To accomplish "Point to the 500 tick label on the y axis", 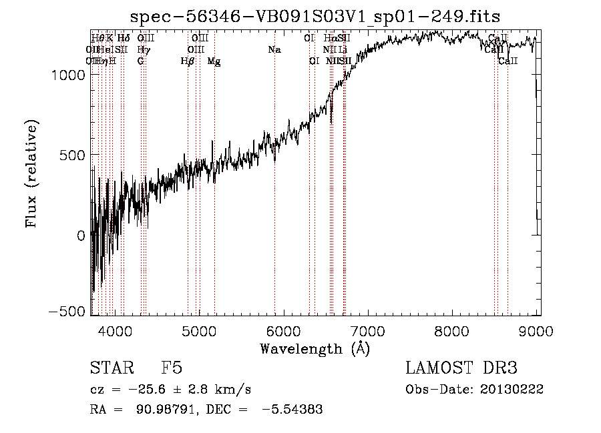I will (73, 155).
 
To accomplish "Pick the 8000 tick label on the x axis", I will (451, 330).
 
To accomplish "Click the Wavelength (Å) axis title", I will (314, 348).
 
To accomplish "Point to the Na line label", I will (274, 49).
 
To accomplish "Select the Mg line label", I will (214, 61).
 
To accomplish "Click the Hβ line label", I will (188, 61).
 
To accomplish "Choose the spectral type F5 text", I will (172, 368).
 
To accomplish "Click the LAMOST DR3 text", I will (461, 368).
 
